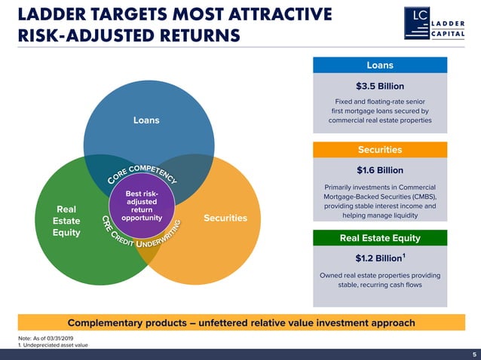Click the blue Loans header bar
click(x=379, y=65)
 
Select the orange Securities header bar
click(x=379, y=149)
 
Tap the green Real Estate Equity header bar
click(x=379, y=239)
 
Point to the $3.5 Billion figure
click(x=379, y=85)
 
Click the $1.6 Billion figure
click(x=379, y=169)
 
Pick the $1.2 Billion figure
click(x=378, y=259)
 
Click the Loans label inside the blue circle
click(x=146, y=120)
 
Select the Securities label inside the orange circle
click(x=225, y=218)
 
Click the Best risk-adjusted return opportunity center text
click(x=142, y=206)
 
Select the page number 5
click(x=474, y=354)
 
